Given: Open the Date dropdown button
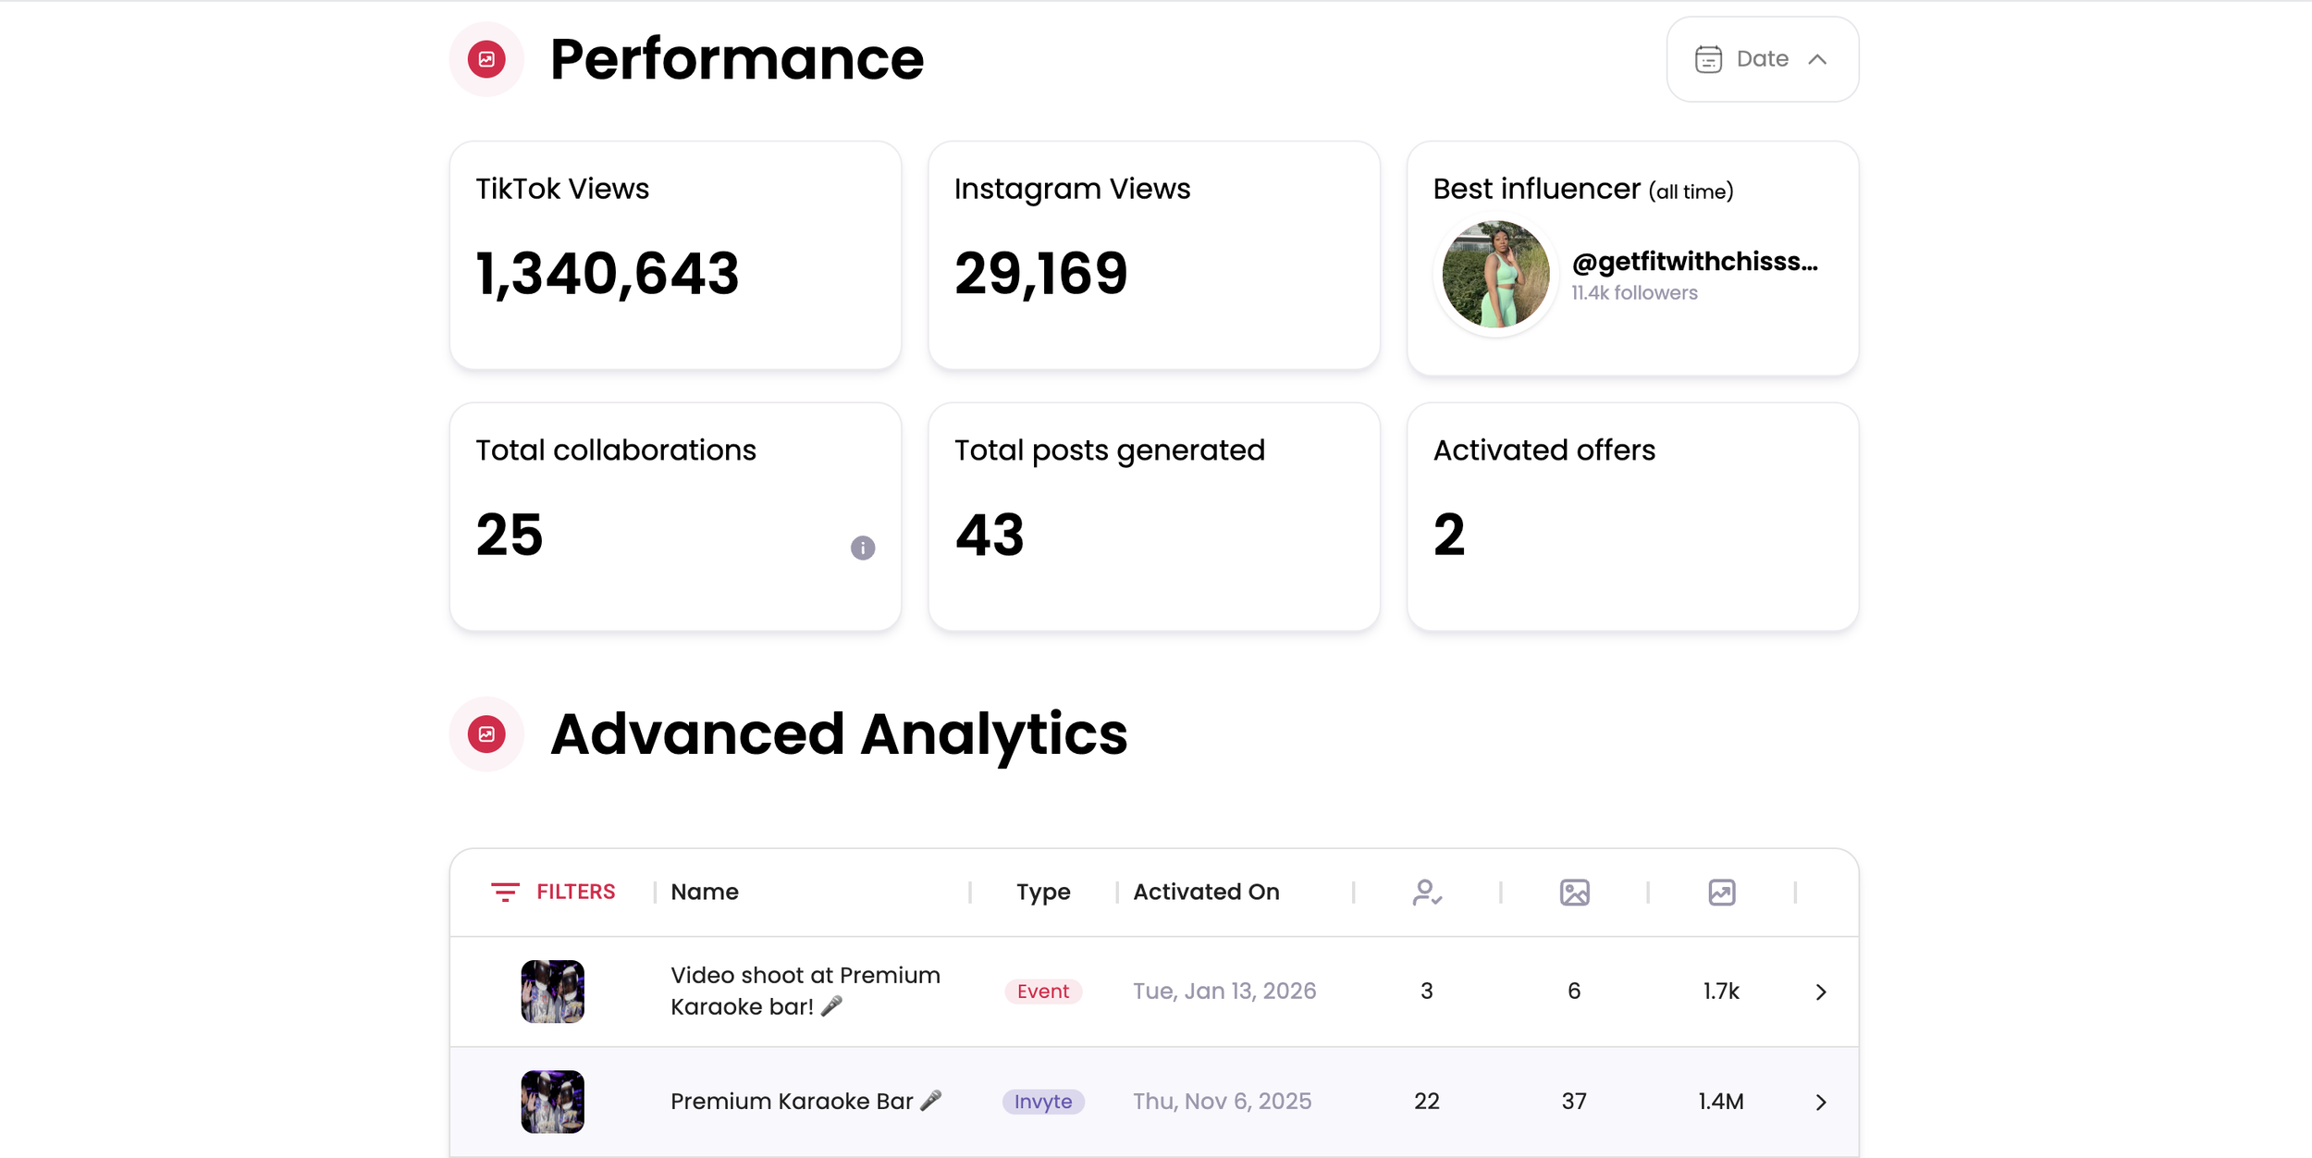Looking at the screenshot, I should [x=1762, y=59].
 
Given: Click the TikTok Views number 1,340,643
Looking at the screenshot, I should [x=607, y=274].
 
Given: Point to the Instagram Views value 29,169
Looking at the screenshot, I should [x=1040, y=274].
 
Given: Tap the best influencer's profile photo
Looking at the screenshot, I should [x=1495, y=274].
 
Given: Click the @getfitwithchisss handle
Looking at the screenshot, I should [x=1694, y=262].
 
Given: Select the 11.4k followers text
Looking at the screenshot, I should [x=1634, y=293].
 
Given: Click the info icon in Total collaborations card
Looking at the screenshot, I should [x=862, y=548].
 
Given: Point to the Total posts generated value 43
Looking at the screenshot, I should [x=990, y=536].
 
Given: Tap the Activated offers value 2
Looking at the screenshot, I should [x=1449, y=536].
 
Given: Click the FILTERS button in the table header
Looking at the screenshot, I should [x=553, y=892].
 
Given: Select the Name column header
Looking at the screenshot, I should [x=705, y=892].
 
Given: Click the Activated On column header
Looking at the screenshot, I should [x=1206, y=892].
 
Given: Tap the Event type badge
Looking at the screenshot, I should [x=1042, y=992].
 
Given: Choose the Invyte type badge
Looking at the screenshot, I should [x=1042, y=1102].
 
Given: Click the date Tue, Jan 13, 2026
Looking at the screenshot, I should [x=1224, y=992].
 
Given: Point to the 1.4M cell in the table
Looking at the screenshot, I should [x=1720, y=1102].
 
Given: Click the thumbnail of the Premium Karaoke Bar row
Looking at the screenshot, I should [x=552, y=1102].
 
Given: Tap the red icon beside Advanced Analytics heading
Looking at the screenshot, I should [x=486, y=734].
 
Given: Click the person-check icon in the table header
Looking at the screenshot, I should [x=1427, y=893].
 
